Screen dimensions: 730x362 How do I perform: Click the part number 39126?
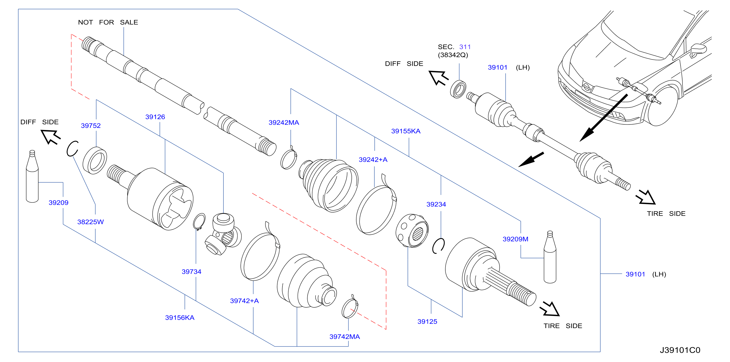pyautogui.click(x=155, y=117)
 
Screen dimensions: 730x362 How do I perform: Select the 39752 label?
pyautogui.click(x=91, y=126)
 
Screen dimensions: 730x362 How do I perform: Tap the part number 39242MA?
pyautogui.click(x=284, y=122)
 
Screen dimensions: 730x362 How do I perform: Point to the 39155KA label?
pyautogui.click(x=406, y=131)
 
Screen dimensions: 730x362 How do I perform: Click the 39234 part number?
pyautogui.click(x=436, y=204)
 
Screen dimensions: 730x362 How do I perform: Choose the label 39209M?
pyautogui.click(x=515, y=239)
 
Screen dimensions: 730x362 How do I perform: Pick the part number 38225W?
pyautogui.click(x=90, y=222)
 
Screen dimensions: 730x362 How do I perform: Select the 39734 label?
pyautogui.click(x=191, y=271)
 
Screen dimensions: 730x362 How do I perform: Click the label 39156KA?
pyautogui.click(x=180, y=318)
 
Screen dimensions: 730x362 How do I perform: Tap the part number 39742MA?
pyautogui.click(x=344, y=336)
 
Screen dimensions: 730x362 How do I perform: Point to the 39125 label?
pyautogui.click(x=427, y=322)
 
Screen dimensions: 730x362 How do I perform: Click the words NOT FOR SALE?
pyautogui.click(x=108, y=22)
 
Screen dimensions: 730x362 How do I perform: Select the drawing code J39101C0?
pyautogui.click(x=680, y=350)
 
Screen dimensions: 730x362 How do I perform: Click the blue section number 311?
pyautogui.click(x=465, y=47)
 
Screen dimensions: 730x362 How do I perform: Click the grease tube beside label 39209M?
pyautogui.click(x=550, y=257)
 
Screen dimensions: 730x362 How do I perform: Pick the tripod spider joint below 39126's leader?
pyautogui.click(x=223, y=234)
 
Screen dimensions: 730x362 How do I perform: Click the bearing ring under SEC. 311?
pyautogui.click(x=458, y=89)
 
